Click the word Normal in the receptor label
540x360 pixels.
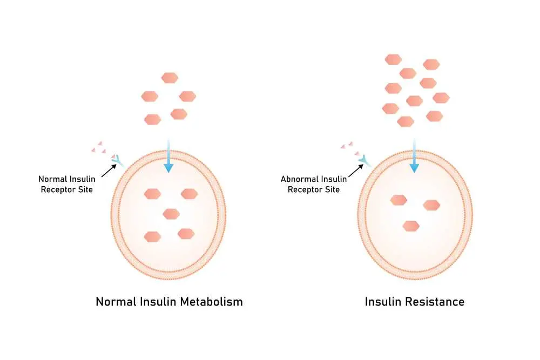pyautogui.click(x=52, y=179)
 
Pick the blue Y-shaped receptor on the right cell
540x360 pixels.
pyautogui.click(x=364, y=160)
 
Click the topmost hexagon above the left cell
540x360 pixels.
pyautogui.click(x=170, y=78)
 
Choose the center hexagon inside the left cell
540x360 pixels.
pyautogui.click(x=171, y=213)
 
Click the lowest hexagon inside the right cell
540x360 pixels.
pyautogui.click(x=411, y=226)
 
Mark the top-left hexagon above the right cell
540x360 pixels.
pyautogui.click(x=394, y=59)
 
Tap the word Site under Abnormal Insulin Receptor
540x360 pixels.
pyautogui.click(x=332, y=189)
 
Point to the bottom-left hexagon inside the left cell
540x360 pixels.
pyautogui.click(x=153, y=236)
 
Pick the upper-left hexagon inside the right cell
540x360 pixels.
pyautogui.click(x=399, y=200)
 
